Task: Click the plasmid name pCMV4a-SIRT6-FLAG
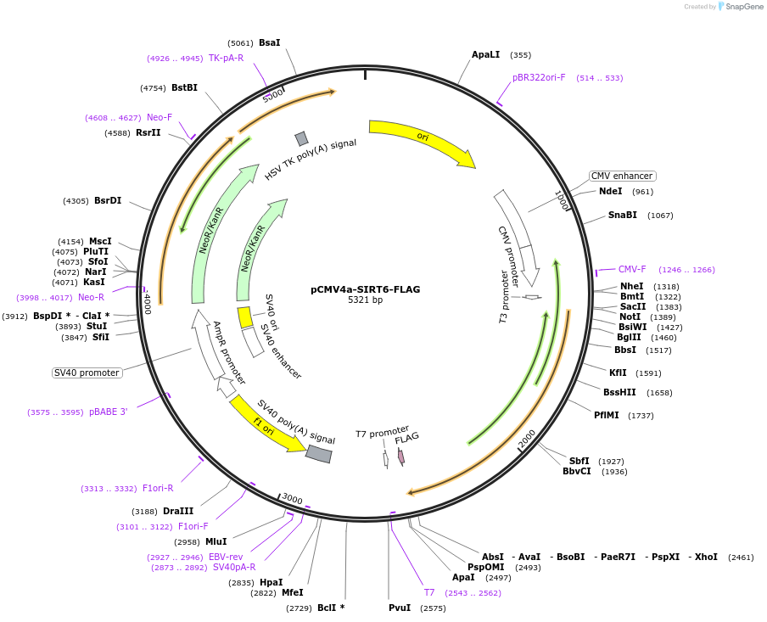365,289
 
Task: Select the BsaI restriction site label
269,42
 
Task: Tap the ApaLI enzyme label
486,54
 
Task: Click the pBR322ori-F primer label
539,77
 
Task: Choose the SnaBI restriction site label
622,215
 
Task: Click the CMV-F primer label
632,269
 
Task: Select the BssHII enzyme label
619,392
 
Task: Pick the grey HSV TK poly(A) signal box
301,138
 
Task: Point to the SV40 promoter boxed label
87,373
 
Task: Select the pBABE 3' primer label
108,412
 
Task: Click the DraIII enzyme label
178,511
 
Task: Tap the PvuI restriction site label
400,608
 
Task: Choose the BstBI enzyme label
184,87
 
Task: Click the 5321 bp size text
365,300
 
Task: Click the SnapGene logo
740,7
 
